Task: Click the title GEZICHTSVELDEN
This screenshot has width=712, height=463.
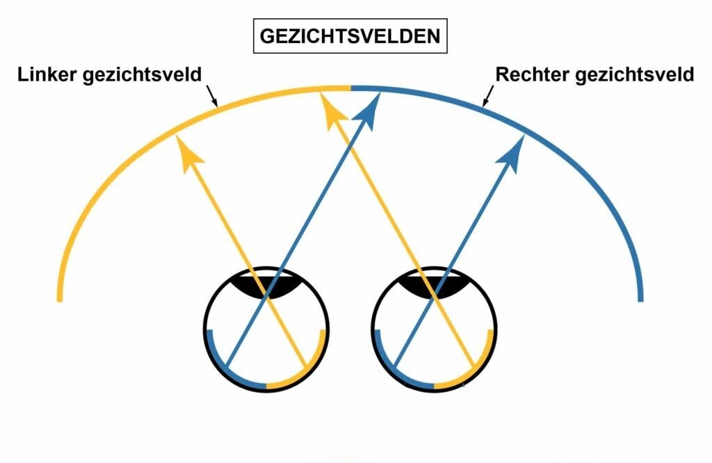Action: click(350, 36)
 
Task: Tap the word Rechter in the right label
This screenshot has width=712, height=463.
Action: click(531, 74)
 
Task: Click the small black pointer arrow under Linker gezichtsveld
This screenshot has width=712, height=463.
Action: click(212, 95)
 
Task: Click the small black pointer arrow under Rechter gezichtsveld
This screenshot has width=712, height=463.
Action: click(489, 95)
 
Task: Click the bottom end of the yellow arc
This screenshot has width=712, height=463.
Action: click(59, 300)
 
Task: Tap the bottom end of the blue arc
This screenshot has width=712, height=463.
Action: click(640, 300)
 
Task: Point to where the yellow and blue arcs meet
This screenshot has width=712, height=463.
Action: click(350, 88)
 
